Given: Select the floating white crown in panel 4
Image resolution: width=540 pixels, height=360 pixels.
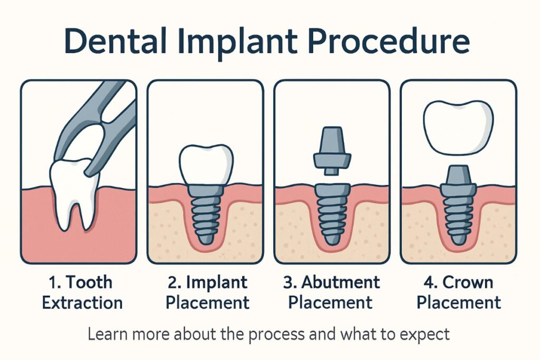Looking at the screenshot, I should pyautogui.click(x=458, y=125).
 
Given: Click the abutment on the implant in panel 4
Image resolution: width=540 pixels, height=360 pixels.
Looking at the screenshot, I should pyautogui.click(x=458, y=179).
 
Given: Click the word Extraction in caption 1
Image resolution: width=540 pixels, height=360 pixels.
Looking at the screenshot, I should pyautogui.click(x=82, y=303).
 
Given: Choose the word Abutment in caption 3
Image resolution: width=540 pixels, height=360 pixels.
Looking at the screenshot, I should pyautogui.click(x=340, y=282).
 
